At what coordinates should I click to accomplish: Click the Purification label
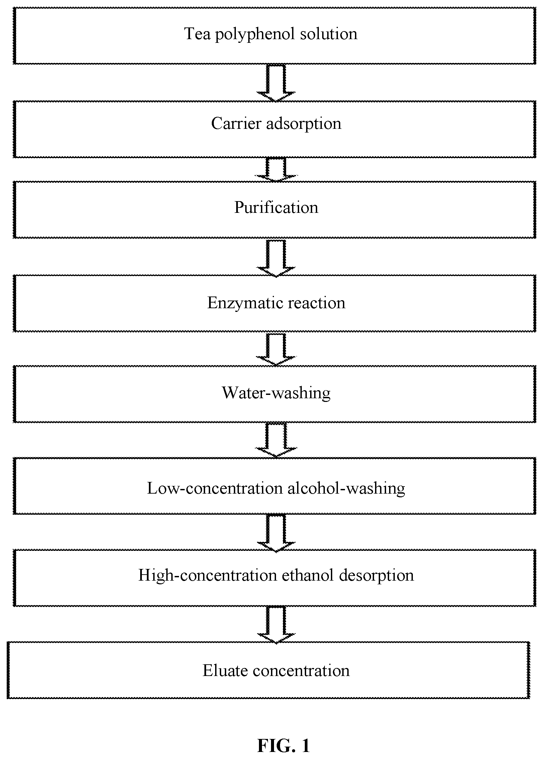[x=276, y=207]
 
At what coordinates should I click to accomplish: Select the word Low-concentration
[x=215, y=488]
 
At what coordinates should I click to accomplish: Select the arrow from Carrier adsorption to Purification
[x=276, y=170]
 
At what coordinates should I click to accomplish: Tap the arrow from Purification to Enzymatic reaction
[x=276, y=258]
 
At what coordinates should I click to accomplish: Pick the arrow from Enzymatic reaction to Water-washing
[x=276, y=349]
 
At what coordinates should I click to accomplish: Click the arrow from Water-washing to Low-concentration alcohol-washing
[x=276, y=440]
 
